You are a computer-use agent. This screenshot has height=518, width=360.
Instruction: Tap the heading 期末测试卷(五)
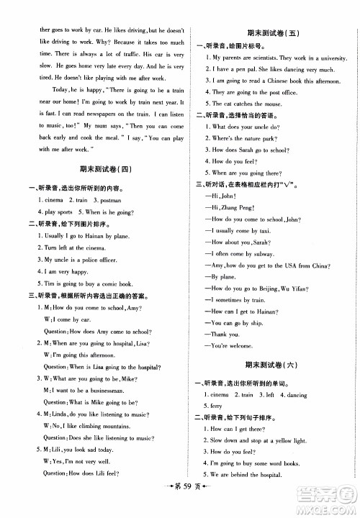click(265, 33)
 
